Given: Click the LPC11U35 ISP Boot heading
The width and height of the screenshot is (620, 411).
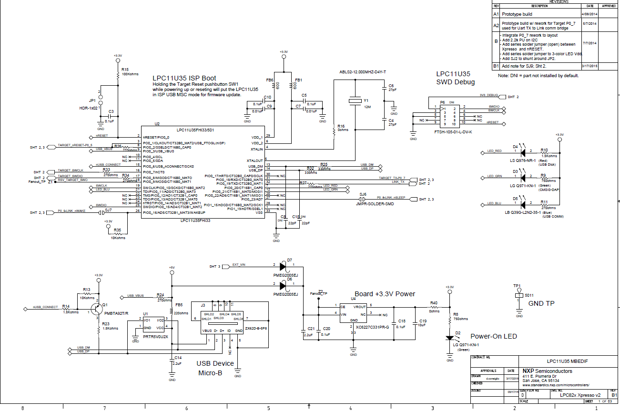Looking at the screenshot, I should pos(184,78).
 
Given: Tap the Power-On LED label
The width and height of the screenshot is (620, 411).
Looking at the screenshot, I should pos(493,336).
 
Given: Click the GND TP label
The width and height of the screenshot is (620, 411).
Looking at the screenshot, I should pos(541,303).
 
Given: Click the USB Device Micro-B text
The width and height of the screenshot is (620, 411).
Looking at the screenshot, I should pos(215,368).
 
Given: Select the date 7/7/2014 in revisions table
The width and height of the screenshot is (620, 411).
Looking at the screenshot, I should pos(590,42).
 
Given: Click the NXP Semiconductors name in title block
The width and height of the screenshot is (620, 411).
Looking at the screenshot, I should pos(547,371).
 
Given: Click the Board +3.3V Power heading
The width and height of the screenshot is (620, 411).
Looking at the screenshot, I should pos(385,294).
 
